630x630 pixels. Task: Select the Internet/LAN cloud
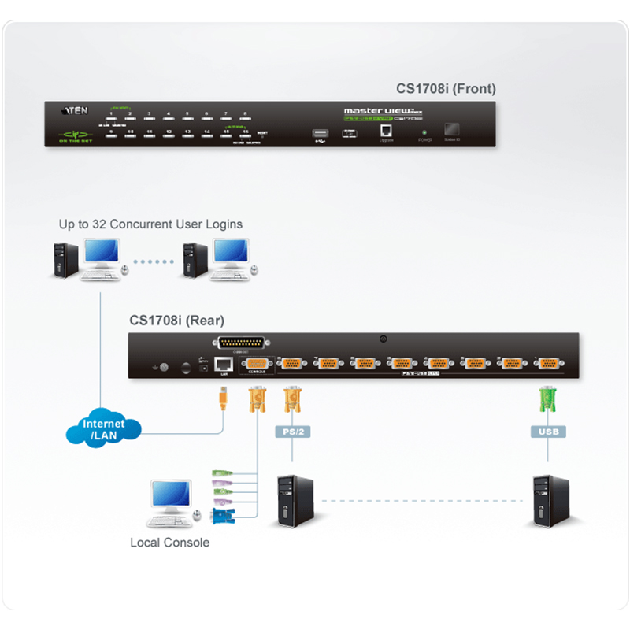pos(103,430)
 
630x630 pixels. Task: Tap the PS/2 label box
pos(292,432)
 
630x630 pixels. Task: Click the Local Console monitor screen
pos(170,496)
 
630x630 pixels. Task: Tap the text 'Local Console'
pos(169,543)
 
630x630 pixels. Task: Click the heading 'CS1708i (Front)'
pos(446,89)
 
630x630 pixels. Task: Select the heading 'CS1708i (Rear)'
pos(176,321)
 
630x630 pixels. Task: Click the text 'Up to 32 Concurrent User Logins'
pos(150,224)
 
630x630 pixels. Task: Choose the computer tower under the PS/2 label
pos(292,500)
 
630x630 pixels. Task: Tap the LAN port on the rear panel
pos(224,364)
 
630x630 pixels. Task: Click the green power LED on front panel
pos(424,132)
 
